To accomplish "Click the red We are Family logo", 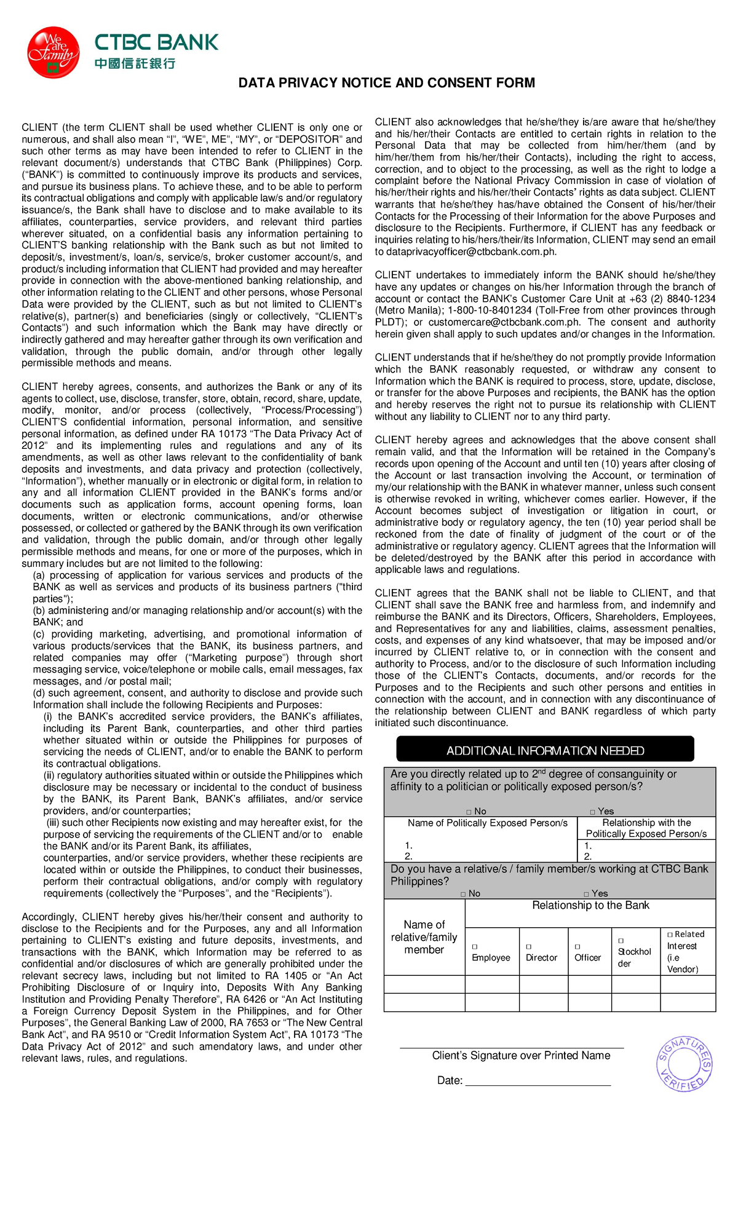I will [x=54, y=52].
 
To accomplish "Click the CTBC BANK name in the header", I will [x=156, y=42].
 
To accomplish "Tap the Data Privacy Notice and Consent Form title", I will [x=386, y=82].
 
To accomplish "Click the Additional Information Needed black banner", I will [x=545, y=750].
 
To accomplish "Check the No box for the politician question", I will [x=469, y=812].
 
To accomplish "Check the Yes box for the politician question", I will [x=592, y=812].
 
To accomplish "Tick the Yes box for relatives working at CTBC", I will [x=586, y=893].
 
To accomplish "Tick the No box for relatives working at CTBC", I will [x=463, y=893].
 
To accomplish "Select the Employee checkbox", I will [x=474, y=947].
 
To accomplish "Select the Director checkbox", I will [x=528, y=947].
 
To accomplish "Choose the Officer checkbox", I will [x=577, y=947].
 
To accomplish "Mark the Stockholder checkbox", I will [x=621, y=941].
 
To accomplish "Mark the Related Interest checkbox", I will [x=670, y=935].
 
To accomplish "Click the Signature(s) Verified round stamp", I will [x=684, y=1064].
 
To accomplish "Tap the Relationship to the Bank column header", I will [x=590, y=905].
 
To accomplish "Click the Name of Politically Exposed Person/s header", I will [x=487, y=823].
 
